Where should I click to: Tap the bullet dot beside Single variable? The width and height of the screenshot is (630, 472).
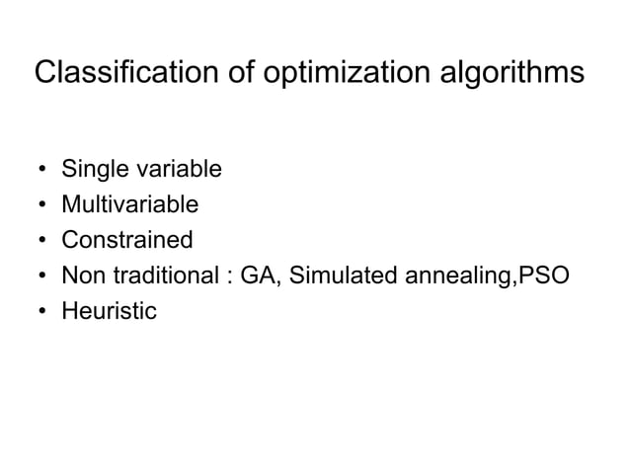click(x=42, y=171)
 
